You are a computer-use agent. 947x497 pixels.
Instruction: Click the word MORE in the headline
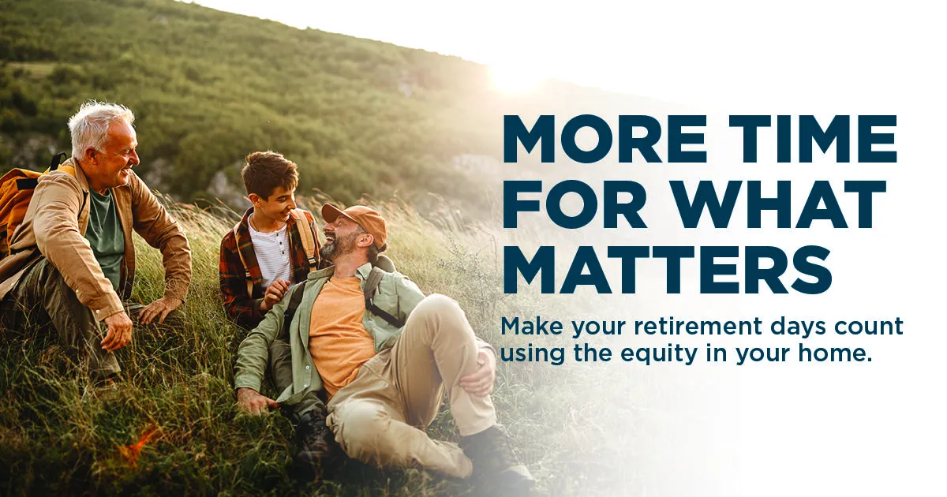click(605, 139)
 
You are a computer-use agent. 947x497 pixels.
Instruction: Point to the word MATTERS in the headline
click(668, 270)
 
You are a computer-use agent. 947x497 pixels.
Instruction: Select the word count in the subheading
click(873, 327)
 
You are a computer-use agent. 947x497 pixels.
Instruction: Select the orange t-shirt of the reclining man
click(339, 331)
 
